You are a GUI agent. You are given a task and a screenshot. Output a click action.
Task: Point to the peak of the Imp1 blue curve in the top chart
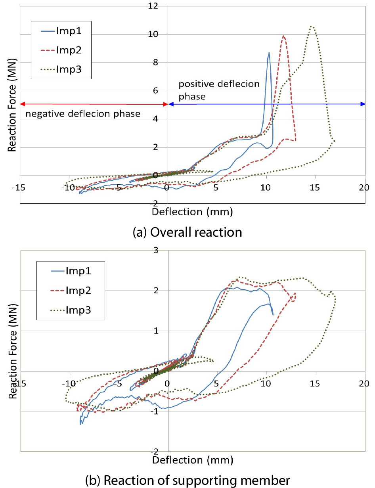269,52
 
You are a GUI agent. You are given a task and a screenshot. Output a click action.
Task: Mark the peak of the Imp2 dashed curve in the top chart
283,36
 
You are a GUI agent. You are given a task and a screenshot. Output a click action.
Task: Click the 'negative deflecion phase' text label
83,114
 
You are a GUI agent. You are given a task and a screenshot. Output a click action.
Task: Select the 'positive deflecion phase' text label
219,90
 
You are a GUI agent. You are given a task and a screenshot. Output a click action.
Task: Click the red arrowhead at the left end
22,104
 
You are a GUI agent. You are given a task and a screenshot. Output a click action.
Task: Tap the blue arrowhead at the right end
363,104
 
